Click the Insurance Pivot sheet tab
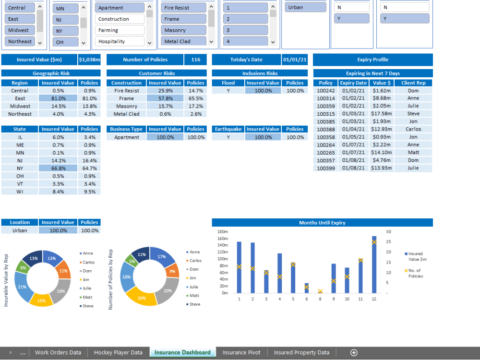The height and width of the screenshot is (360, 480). click(x=241, y=352)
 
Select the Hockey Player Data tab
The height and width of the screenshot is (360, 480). click(x=118, y=352)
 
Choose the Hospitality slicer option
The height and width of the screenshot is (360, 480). click(x=120, y=42)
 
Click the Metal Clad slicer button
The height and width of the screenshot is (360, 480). click(x=183, y=42)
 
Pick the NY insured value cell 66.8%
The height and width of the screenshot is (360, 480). click(x=58, y=168)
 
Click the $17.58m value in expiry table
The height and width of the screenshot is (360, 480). click(x=382, y=114)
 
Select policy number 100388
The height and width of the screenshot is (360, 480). click(x=326, y=129)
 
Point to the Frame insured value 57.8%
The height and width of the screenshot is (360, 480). click(x=165, y=98)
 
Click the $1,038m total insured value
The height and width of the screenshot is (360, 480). click(x=89, y=60)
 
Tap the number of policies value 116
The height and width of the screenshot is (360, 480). click(x=195, y=60)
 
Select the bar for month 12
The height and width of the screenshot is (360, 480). click(x=374, y=264)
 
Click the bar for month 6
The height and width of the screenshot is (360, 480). click(x=307, y=288)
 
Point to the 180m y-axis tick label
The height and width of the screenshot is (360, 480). click(x=222, y=231)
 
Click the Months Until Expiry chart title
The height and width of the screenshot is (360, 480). click(x=322, y=223)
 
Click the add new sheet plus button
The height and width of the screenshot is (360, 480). click(x=354, y=352)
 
